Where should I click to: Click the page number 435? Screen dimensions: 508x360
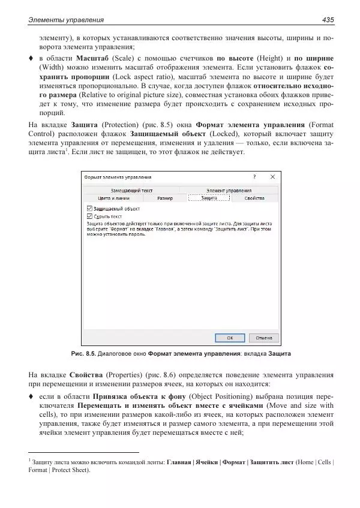click(327, 20)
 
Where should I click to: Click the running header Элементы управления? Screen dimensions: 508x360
click(66, 20)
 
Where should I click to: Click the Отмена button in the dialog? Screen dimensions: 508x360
click(265, 338)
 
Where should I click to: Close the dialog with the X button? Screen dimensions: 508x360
click(272, 177)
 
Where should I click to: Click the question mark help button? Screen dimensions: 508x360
click(254, 177)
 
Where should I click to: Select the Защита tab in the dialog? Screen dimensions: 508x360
click(209, 197)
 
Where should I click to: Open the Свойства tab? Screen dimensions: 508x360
click(254, 197)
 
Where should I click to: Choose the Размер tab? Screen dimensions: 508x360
click(164, 197)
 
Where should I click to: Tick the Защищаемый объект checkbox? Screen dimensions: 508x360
click(89, 209)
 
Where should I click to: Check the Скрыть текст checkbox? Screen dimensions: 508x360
click(89, 216)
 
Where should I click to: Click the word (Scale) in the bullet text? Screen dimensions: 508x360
click(122, 58)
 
